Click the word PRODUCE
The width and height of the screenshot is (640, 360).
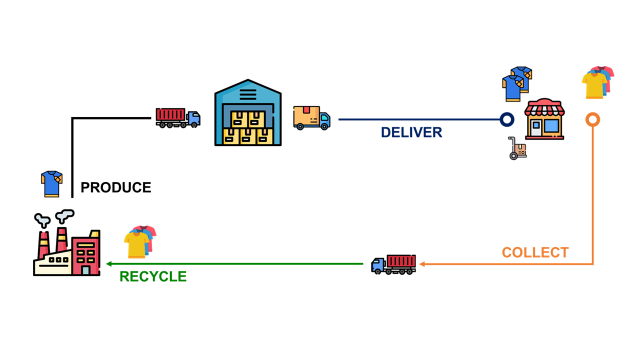(116, 187)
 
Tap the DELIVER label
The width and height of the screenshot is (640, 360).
(411, 132)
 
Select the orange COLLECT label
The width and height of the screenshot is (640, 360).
(535, 252)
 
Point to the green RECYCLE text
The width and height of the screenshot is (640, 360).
(153, 276)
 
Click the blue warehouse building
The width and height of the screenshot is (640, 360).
(248, 112)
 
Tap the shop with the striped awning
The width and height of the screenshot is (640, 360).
(544, 118)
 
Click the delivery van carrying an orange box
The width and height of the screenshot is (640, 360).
(311, 118)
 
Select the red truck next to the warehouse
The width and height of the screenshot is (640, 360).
(178, 117)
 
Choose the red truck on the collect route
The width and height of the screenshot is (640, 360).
(393, 264)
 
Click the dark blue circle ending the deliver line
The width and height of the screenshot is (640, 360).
(507, 119)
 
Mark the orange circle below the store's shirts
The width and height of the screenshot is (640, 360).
(592, 120)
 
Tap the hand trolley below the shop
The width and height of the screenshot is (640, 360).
(516, 149)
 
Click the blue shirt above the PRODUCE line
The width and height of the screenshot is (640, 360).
(51, 183)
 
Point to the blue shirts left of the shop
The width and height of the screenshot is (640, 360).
(516, 83)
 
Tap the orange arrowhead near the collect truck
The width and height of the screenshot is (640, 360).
(423, 264)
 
